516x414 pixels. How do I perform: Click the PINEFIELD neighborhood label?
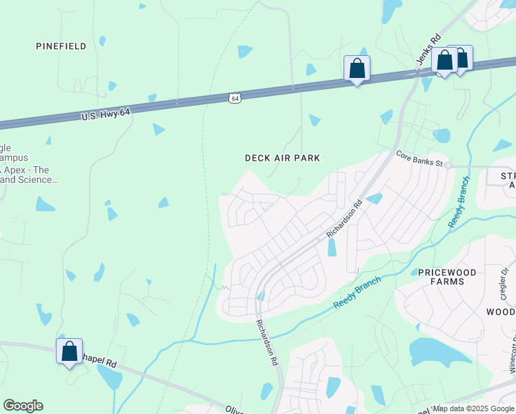[x=61, y=46]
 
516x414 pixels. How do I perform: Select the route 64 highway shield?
[x=236, y=99]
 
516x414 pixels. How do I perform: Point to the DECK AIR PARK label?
[x=283, y=158]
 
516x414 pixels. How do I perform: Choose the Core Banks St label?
[x=419, y=156]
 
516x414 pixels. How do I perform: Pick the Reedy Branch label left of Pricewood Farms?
[x=357, y=294]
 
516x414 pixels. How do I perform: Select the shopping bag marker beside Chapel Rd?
[x=70, y=351]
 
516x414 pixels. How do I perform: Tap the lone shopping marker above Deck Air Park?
[x=357, y=68]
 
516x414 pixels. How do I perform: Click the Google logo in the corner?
[x=23, y=406]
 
